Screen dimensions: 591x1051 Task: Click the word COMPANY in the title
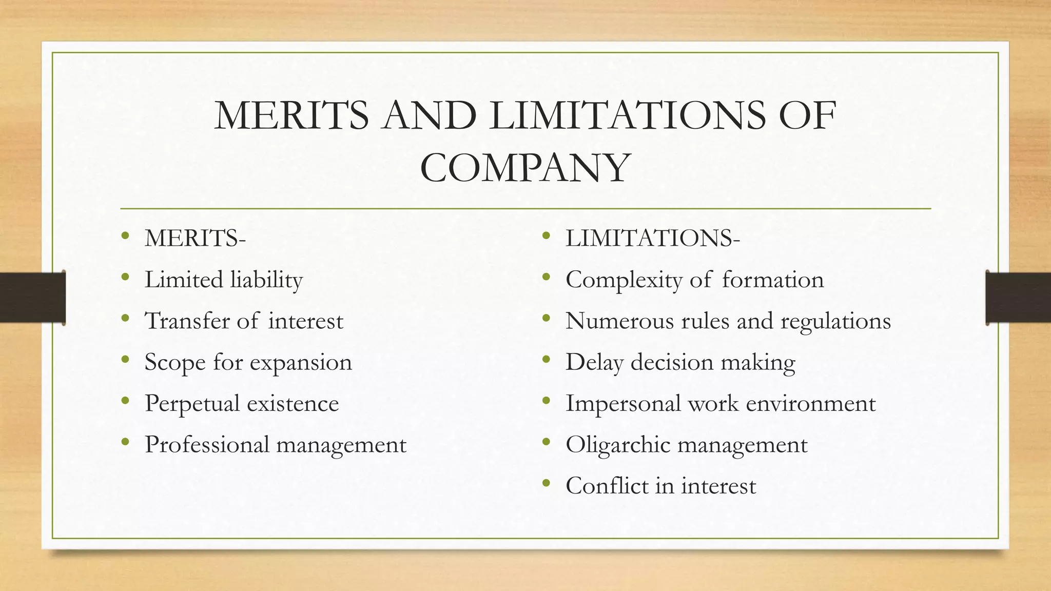point(525,168)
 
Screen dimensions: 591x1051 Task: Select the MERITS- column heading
point(195,238)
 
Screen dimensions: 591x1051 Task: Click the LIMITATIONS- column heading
point(652,238)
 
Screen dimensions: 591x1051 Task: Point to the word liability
point(266,280)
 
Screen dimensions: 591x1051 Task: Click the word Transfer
point(187,321)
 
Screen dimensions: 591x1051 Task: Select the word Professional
point(207,445)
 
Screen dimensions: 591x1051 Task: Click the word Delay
point(594,363)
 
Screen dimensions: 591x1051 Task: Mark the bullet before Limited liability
point(125,278)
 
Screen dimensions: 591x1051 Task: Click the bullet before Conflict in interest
point(546,483)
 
